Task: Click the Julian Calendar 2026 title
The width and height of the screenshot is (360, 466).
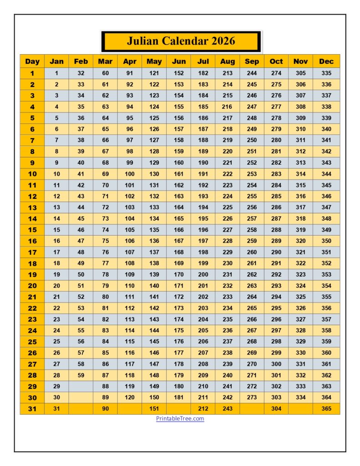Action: tap(181, 41)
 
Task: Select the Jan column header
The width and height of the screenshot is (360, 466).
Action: tap(56, 61)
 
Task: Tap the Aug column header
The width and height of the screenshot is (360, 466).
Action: tap(228, 61)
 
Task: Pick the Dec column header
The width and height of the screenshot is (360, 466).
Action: tap(326, 61)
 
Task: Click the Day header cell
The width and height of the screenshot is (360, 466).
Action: tap(32, 61)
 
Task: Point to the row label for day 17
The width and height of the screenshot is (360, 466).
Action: tap(32, 252)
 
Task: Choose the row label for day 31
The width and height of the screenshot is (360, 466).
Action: tap(32, 409)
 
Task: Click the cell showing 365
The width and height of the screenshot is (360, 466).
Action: tap(326, 409)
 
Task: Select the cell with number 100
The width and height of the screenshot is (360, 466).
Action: tap(130, 174)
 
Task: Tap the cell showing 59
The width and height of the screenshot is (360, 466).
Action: tap(81, 375)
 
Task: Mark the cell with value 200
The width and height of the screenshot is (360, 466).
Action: tap(203, 274)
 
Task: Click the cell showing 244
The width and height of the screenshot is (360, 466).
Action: tap(252, 73)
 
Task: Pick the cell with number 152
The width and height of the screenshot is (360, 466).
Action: tap(179, 73)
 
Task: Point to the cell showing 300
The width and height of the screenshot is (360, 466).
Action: tap(276, 364)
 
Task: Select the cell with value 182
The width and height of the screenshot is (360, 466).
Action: tap(203, 73)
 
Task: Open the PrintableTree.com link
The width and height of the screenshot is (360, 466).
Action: tap(180, 419)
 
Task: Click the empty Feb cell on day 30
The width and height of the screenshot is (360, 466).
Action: tap(81, 397)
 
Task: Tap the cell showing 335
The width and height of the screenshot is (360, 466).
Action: tap(326, 73)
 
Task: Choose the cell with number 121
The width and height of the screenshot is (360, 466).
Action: tap(154, 73)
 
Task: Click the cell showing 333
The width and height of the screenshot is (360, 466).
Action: tap(301, 386)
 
